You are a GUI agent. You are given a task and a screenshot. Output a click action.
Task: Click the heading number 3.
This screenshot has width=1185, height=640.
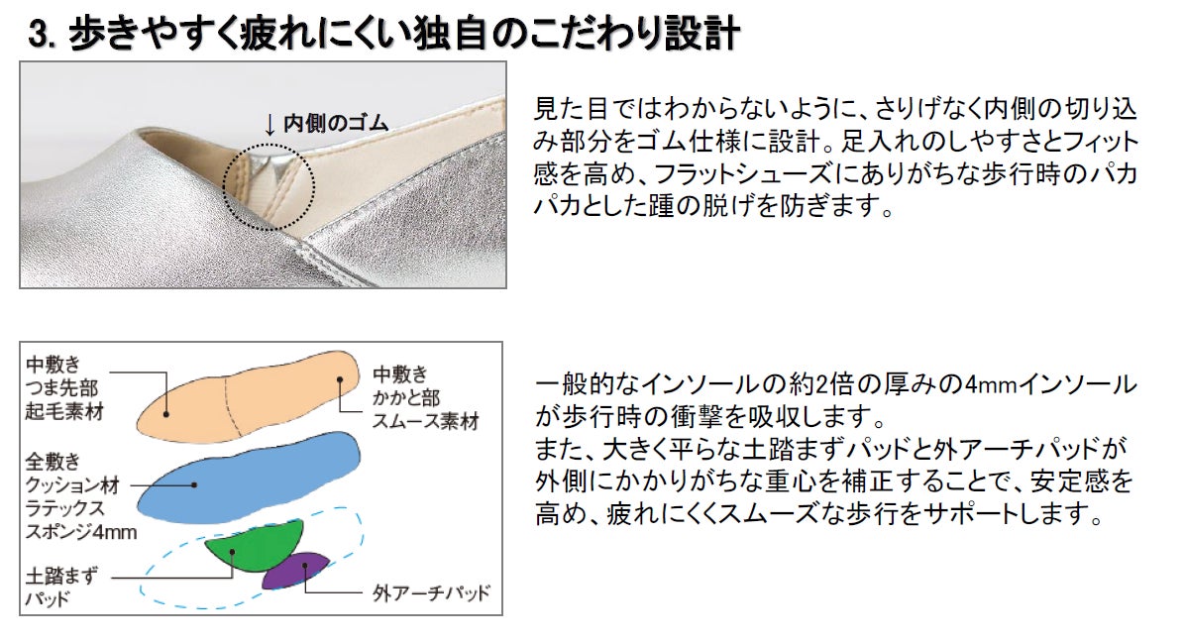40,35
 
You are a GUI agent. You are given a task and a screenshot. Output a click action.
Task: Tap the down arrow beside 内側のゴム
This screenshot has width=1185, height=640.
269,125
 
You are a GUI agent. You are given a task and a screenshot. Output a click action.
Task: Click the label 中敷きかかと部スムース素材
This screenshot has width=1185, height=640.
425,397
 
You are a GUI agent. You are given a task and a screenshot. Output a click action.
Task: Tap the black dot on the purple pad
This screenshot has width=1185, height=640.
305,567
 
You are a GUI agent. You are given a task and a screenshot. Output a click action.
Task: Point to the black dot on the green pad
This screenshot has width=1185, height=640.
233,553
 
